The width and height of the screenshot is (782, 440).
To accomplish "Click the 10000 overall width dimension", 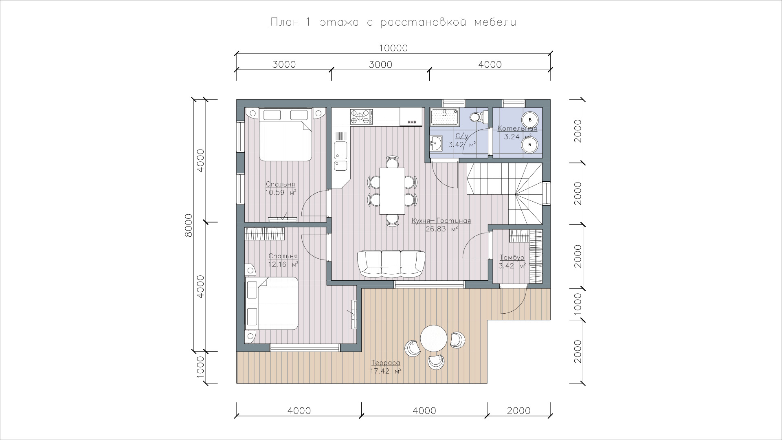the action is click(393, 48).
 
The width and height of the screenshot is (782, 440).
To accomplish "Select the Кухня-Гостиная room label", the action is click(441, 221).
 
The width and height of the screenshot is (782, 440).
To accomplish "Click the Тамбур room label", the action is click(512, 257).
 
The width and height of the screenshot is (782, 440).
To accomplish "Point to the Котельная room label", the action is click(517, 129).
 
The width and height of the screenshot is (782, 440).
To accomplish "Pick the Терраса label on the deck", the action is click(385, 363).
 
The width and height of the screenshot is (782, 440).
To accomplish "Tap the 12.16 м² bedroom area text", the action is click(283, 264).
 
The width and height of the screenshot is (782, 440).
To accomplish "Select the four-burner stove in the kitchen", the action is click(361, 116).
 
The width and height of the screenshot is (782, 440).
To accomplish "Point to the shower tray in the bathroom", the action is click(445, 118).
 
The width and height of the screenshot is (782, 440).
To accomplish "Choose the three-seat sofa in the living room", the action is click(391, 264).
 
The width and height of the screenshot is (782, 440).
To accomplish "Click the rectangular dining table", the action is click(392, 191).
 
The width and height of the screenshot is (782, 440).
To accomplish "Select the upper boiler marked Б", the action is click(530, 120).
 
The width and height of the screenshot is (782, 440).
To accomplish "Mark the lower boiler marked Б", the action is click(530, 144).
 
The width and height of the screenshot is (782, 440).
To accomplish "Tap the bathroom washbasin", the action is click(436, 142).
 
